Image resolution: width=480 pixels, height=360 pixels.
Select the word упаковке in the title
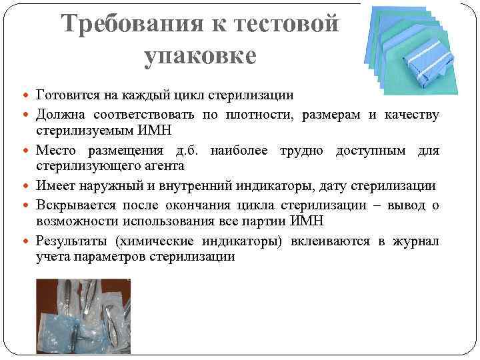(199, 55)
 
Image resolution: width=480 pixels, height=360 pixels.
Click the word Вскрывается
(77, 205)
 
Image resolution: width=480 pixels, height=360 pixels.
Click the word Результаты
(73, 241)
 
